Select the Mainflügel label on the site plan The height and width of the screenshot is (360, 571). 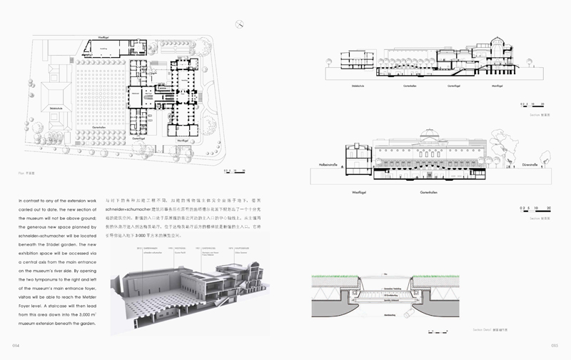[182, 141]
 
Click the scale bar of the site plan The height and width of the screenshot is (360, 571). [236, 170]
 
